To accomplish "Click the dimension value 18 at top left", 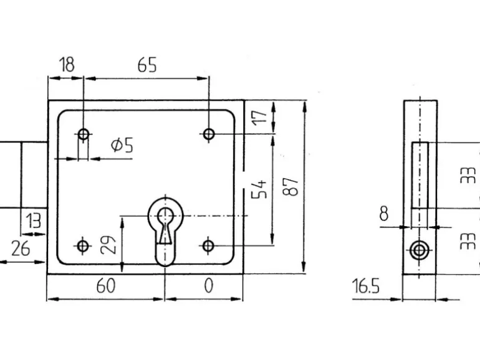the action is click(x=67, y=64).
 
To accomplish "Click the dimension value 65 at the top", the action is click(x=147, y=65).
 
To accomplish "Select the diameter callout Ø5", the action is click(x=122, y=145).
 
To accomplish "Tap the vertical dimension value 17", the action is click(x=259, y=116).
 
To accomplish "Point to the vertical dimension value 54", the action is click(x=259, y=189).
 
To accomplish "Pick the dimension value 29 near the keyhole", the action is click(x=108, y=245).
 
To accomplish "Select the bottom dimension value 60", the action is click(x=106, y=286).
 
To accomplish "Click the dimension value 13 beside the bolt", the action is click(x=33, y=220).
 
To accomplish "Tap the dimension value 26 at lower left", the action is click(x=21, y=248).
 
